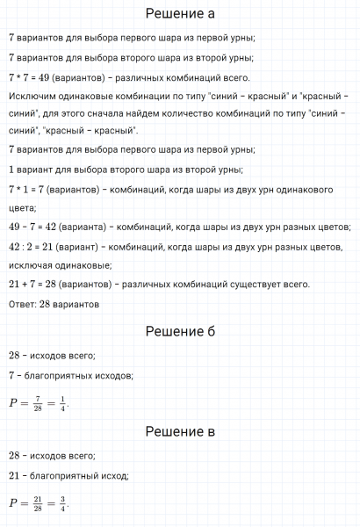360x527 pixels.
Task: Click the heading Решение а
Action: (x=179, y=14)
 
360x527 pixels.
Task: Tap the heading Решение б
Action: (x=179, y=331)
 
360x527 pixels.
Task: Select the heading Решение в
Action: (x=179, y=432)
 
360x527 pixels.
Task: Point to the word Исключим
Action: (x=32, y=96)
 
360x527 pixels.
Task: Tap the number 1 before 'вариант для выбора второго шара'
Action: (x=10, y=169)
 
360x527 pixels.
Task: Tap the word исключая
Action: (x=29, y=264)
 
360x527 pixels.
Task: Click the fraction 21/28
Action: (x=32, y=503)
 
